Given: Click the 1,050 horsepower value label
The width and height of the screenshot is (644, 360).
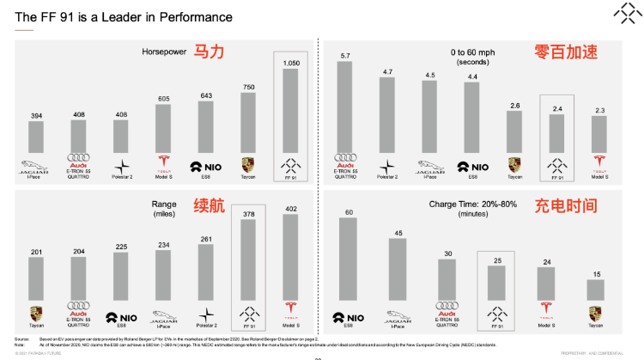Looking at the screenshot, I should pos(290,63).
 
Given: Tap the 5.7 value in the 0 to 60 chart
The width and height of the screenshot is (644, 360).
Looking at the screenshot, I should pos(345,56).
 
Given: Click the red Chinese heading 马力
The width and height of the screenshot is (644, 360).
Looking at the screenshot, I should pos(208,52).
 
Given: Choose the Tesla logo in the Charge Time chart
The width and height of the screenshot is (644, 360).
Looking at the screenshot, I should pos(545,310).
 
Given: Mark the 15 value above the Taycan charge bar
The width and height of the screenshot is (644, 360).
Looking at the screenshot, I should pos(595,274).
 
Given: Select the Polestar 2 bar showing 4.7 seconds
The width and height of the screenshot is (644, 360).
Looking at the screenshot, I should pos(387,114).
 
